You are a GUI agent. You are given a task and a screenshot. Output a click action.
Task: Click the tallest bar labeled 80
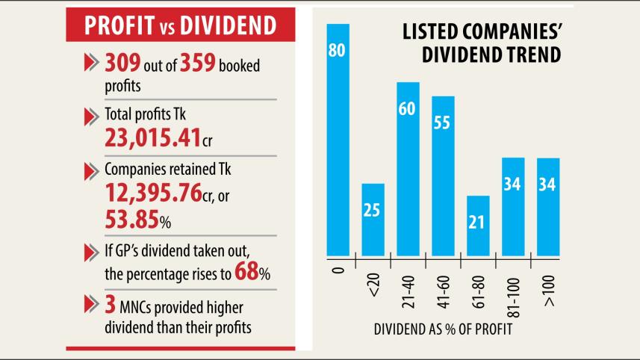[x=338, y=138]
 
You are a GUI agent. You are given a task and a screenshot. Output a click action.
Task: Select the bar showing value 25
[x=373, y=218]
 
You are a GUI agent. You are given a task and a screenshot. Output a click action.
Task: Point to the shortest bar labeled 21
[x=478, y=224]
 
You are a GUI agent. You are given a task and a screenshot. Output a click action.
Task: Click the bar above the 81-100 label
[x=513, y=205]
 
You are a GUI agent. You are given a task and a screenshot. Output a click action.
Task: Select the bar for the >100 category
[x=547, y=205]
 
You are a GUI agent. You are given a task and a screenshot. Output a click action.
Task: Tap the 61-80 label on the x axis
[x=478, y=280]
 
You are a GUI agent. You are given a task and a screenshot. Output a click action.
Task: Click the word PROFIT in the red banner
[x=118, y=25]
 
